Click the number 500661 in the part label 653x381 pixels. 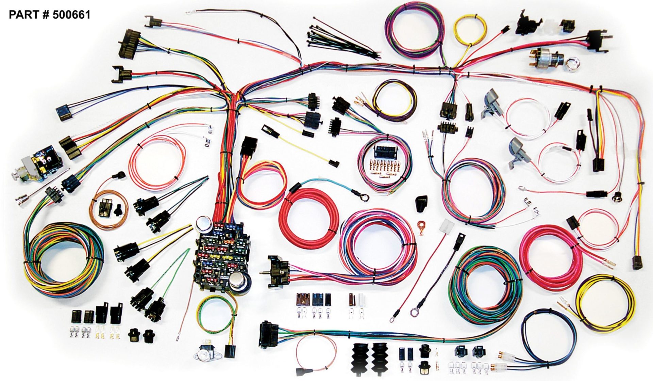71,15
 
